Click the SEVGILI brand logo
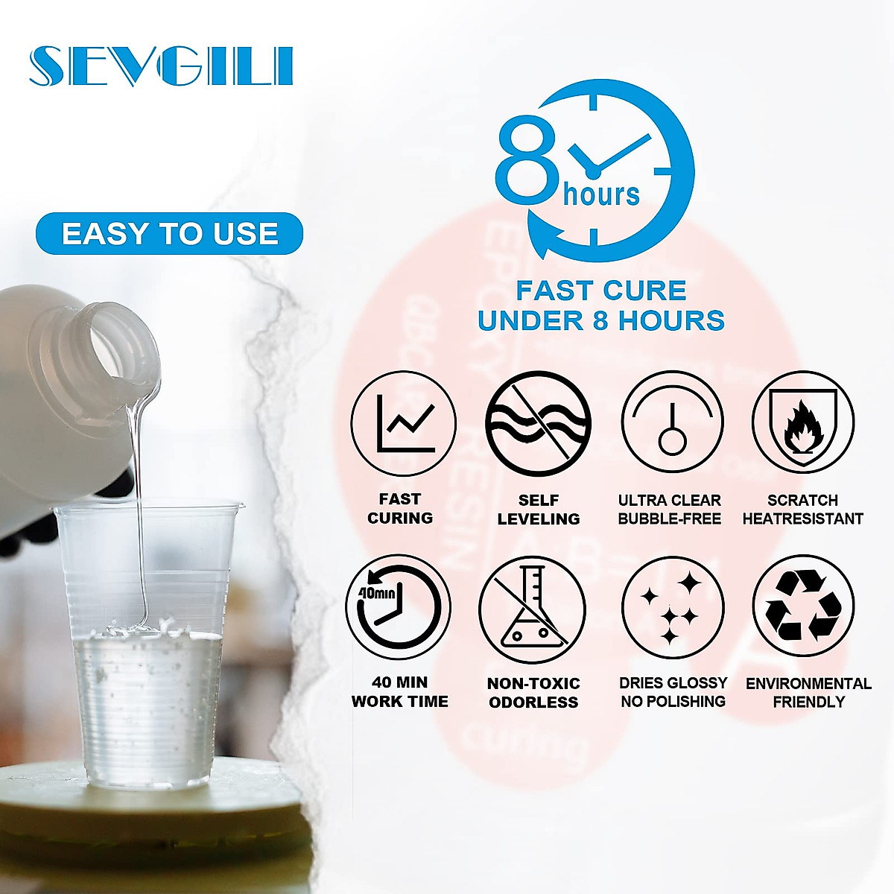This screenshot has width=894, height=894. (161, 66)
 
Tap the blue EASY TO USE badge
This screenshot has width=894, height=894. (170, 234)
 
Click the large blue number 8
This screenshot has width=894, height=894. (527, 162)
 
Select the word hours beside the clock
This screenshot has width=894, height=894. (601, 195)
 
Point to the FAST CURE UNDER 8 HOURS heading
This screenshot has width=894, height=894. (601, 305)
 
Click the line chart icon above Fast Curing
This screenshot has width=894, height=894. (403, 423)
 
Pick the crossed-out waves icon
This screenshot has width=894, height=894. (538, 423)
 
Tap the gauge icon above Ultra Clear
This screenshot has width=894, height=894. (672, 423)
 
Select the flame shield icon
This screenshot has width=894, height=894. (803, 423)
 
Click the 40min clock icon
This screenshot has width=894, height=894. (399, 608)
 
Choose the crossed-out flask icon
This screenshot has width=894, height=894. (532, 609)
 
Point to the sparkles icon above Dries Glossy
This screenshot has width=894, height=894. (672, 608)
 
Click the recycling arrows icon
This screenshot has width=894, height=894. (803, 608)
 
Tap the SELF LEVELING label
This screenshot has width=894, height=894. (538, 510)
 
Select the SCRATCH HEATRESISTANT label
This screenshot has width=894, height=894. (803, 510)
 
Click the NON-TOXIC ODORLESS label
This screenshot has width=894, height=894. (533, 693)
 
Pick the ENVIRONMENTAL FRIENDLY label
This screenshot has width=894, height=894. (808, 693)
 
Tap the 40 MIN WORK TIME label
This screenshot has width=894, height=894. (400, 691)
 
